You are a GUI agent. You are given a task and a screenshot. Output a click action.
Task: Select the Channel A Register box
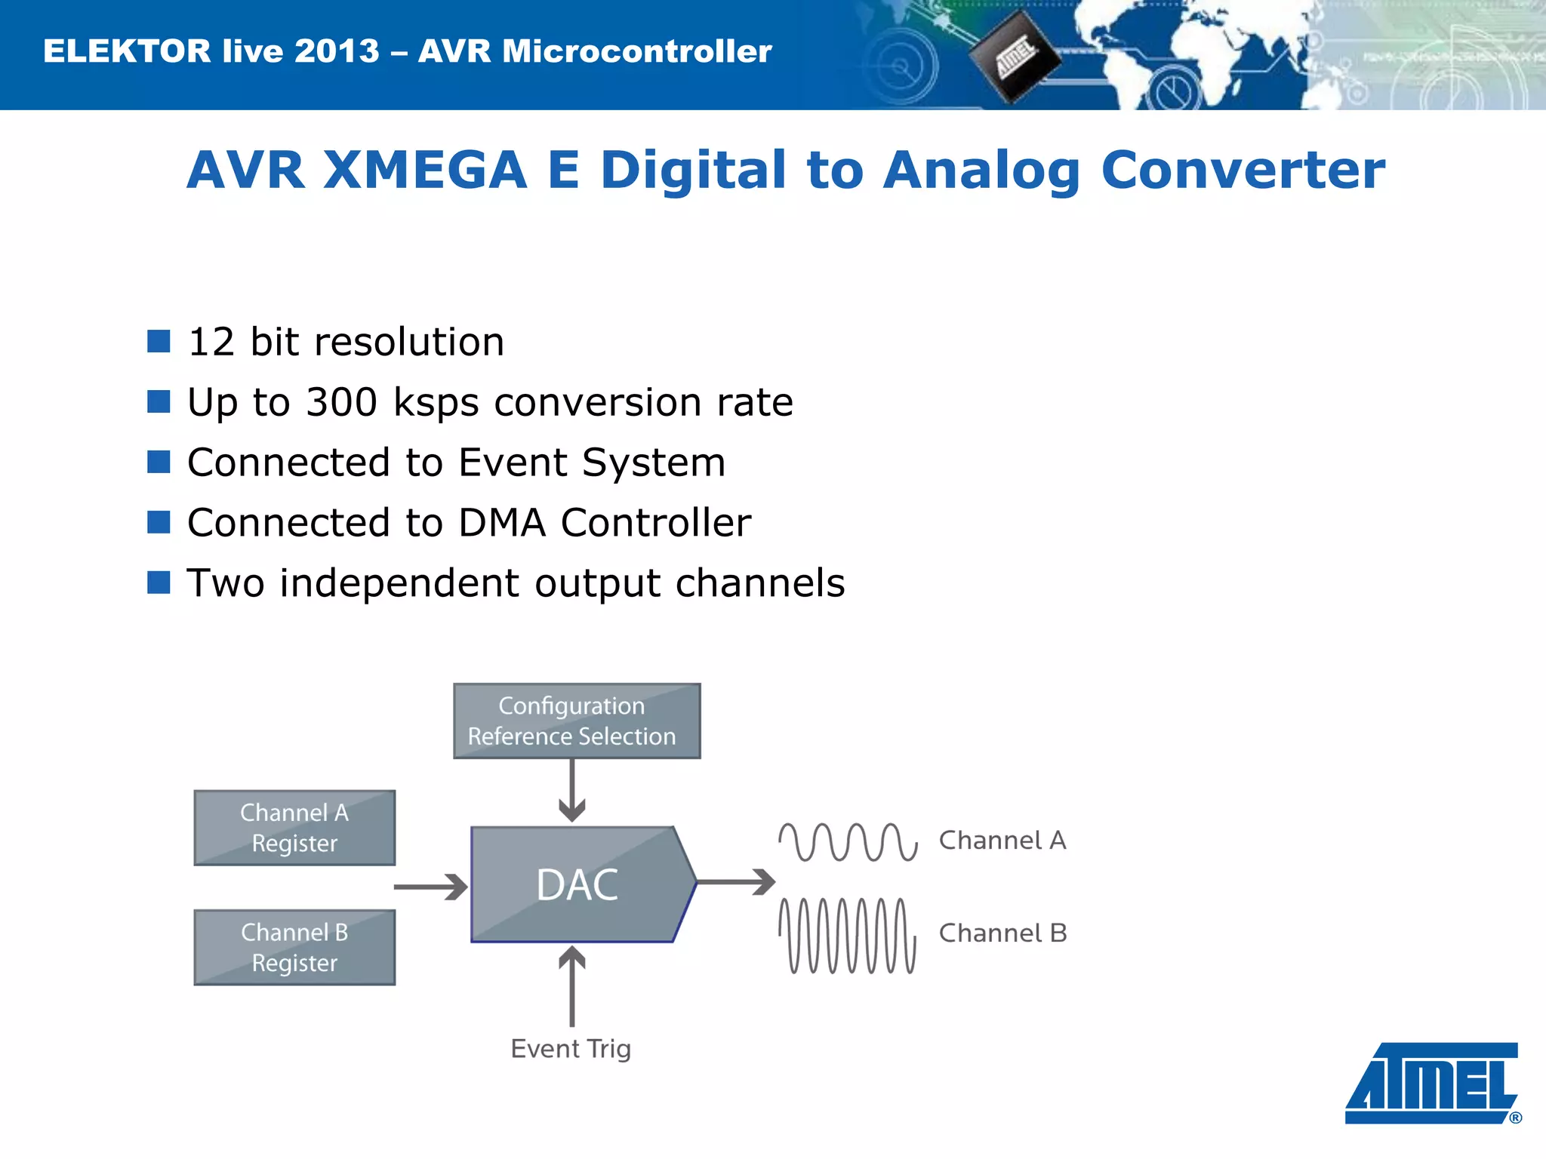294,828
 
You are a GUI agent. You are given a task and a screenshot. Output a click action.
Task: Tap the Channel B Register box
294,947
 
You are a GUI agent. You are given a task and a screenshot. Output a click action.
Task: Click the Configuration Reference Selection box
577,721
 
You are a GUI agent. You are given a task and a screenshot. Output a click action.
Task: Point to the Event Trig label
571,1048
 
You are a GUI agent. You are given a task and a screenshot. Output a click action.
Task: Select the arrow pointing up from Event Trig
572,985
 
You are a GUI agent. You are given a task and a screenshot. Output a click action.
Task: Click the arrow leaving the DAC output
737,881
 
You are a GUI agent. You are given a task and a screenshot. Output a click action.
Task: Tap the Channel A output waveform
848,841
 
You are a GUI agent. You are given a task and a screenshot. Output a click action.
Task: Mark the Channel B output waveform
848,936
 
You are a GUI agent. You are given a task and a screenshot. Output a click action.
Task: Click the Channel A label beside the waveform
1002,840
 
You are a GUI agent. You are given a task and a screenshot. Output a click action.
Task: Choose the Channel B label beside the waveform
1002,933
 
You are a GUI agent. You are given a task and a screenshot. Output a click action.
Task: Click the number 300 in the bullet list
341,401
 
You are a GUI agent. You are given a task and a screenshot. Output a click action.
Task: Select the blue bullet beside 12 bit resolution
159,341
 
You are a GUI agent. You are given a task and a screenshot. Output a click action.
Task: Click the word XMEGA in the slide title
425,170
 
